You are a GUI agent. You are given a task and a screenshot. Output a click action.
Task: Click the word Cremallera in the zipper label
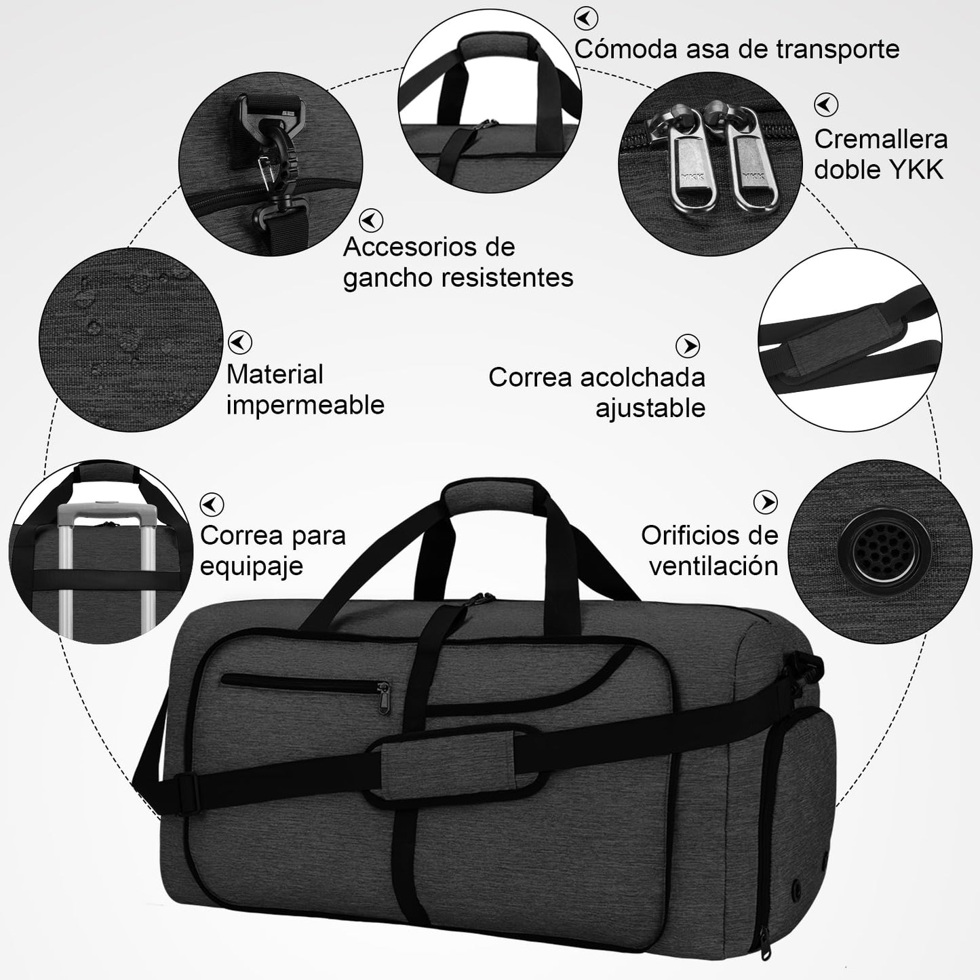click(x=880, y=139)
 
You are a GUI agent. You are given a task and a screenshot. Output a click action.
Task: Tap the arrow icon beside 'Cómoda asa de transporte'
click(x=586, y=18)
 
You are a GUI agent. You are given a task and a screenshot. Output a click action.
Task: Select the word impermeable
click(x=305, y=405)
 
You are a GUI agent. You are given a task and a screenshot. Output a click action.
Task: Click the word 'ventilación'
click(x=713, y=566)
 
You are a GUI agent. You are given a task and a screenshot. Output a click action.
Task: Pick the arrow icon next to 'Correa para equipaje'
click(x=212, y=505)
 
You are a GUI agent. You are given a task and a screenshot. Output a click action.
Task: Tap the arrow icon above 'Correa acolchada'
click(x=688, y=346)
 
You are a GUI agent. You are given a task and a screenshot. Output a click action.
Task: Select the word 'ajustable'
click(x=650, y=408)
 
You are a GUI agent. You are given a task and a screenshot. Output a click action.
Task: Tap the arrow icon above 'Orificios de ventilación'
click(x=766, y=503)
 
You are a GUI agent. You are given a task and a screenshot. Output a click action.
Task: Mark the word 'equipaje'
click(x=251, y=566)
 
